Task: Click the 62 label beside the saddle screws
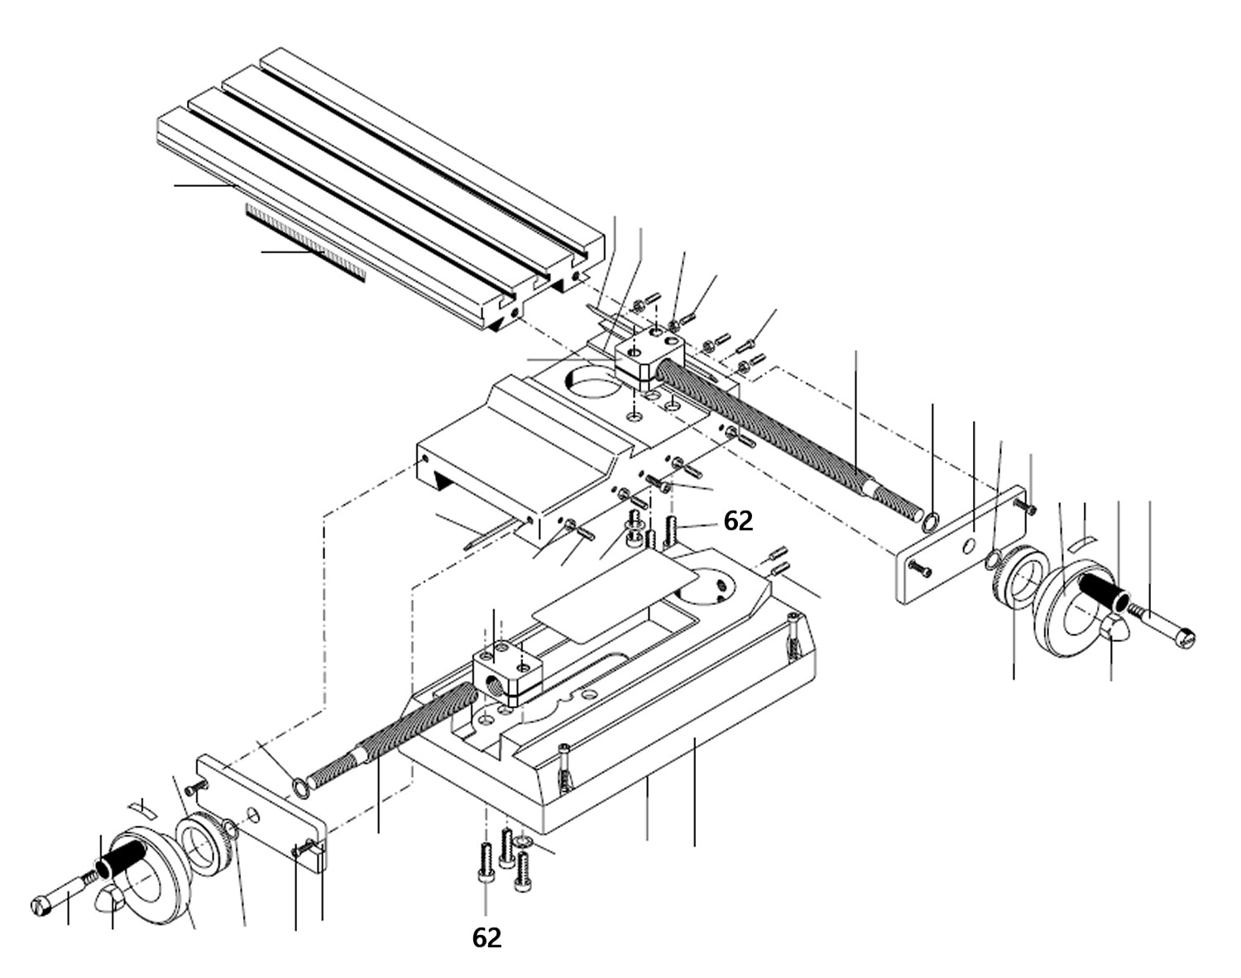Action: tap(738, 520)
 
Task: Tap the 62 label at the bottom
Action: tap(486, 937)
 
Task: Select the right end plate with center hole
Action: tap(960, 546)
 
